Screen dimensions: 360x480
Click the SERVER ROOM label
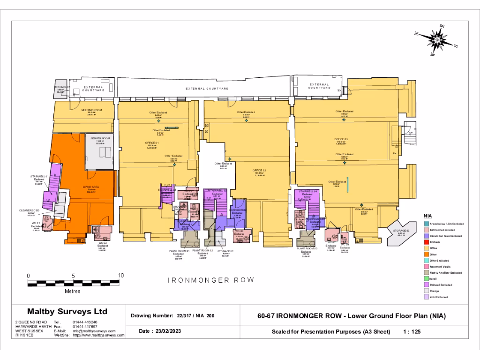point(100,138)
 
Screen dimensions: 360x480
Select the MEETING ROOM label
point(91,110)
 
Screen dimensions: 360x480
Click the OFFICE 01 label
point(152,142)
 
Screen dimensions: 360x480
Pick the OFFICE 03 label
point(341,139)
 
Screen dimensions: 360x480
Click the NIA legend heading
point(427,216)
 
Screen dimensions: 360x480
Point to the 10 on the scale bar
point(121,275)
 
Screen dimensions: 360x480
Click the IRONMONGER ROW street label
point(210,280)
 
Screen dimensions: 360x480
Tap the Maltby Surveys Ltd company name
point(67,311)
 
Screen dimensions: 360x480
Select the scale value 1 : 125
point(412,331)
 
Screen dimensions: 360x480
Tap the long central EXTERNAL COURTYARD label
point(207,89)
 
